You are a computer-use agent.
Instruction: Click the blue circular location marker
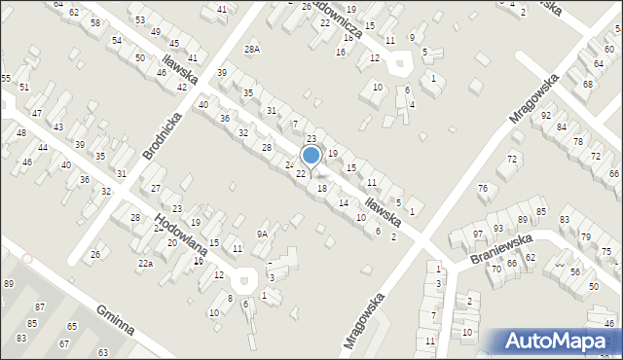coord(311,156)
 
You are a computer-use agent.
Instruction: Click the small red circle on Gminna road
coord(27,259)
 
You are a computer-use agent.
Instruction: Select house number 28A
coord(253,49)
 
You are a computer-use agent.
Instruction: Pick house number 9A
coord(262,234)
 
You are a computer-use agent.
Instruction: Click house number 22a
coord(145,264)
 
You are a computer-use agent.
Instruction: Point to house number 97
coord(478,234)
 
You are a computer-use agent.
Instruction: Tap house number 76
coord(482,188)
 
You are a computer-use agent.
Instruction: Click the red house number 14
coord(343,202)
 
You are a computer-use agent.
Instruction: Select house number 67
coord(64,343)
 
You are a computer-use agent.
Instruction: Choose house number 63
coord(102,351)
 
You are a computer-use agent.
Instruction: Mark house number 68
coord(587,84)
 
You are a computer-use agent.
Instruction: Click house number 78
coord(578,142)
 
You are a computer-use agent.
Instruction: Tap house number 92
coord(546,115)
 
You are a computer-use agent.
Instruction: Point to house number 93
coord(497,228)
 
